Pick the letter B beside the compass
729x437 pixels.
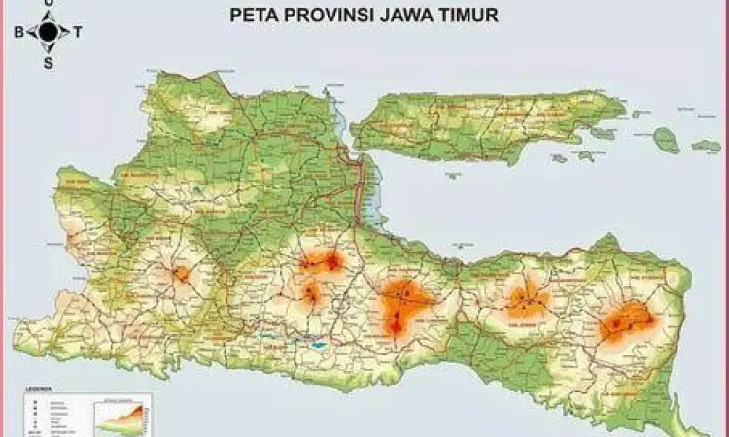click(18, 32)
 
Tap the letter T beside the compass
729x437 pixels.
click(78, 32)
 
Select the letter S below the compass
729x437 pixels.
click(48, 62)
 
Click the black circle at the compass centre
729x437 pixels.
click(48, 32)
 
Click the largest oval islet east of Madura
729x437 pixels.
click(667, 140)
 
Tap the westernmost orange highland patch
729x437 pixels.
click(182, 274)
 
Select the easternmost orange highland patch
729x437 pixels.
click(624, 321)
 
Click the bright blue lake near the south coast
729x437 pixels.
click(318, 345)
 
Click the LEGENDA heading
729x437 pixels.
click(38, 388)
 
